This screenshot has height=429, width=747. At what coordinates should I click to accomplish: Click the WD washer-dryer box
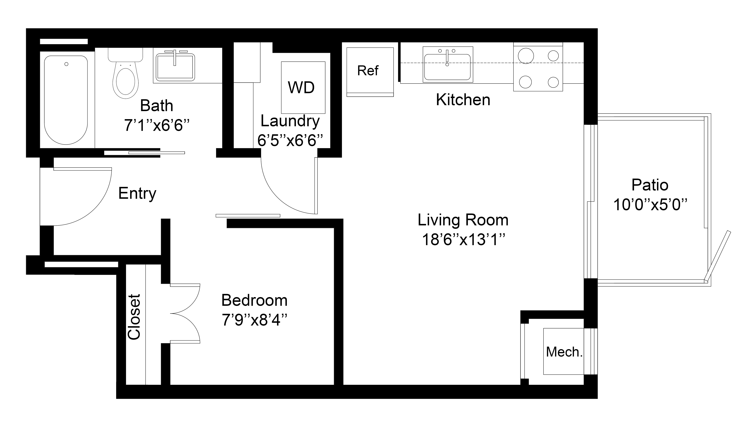(x=303, y=88)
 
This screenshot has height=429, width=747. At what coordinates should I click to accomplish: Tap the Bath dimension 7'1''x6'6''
(x=157, y=125)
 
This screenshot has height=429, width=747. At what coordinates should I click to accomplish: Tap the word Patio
(x=650, y=185)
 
